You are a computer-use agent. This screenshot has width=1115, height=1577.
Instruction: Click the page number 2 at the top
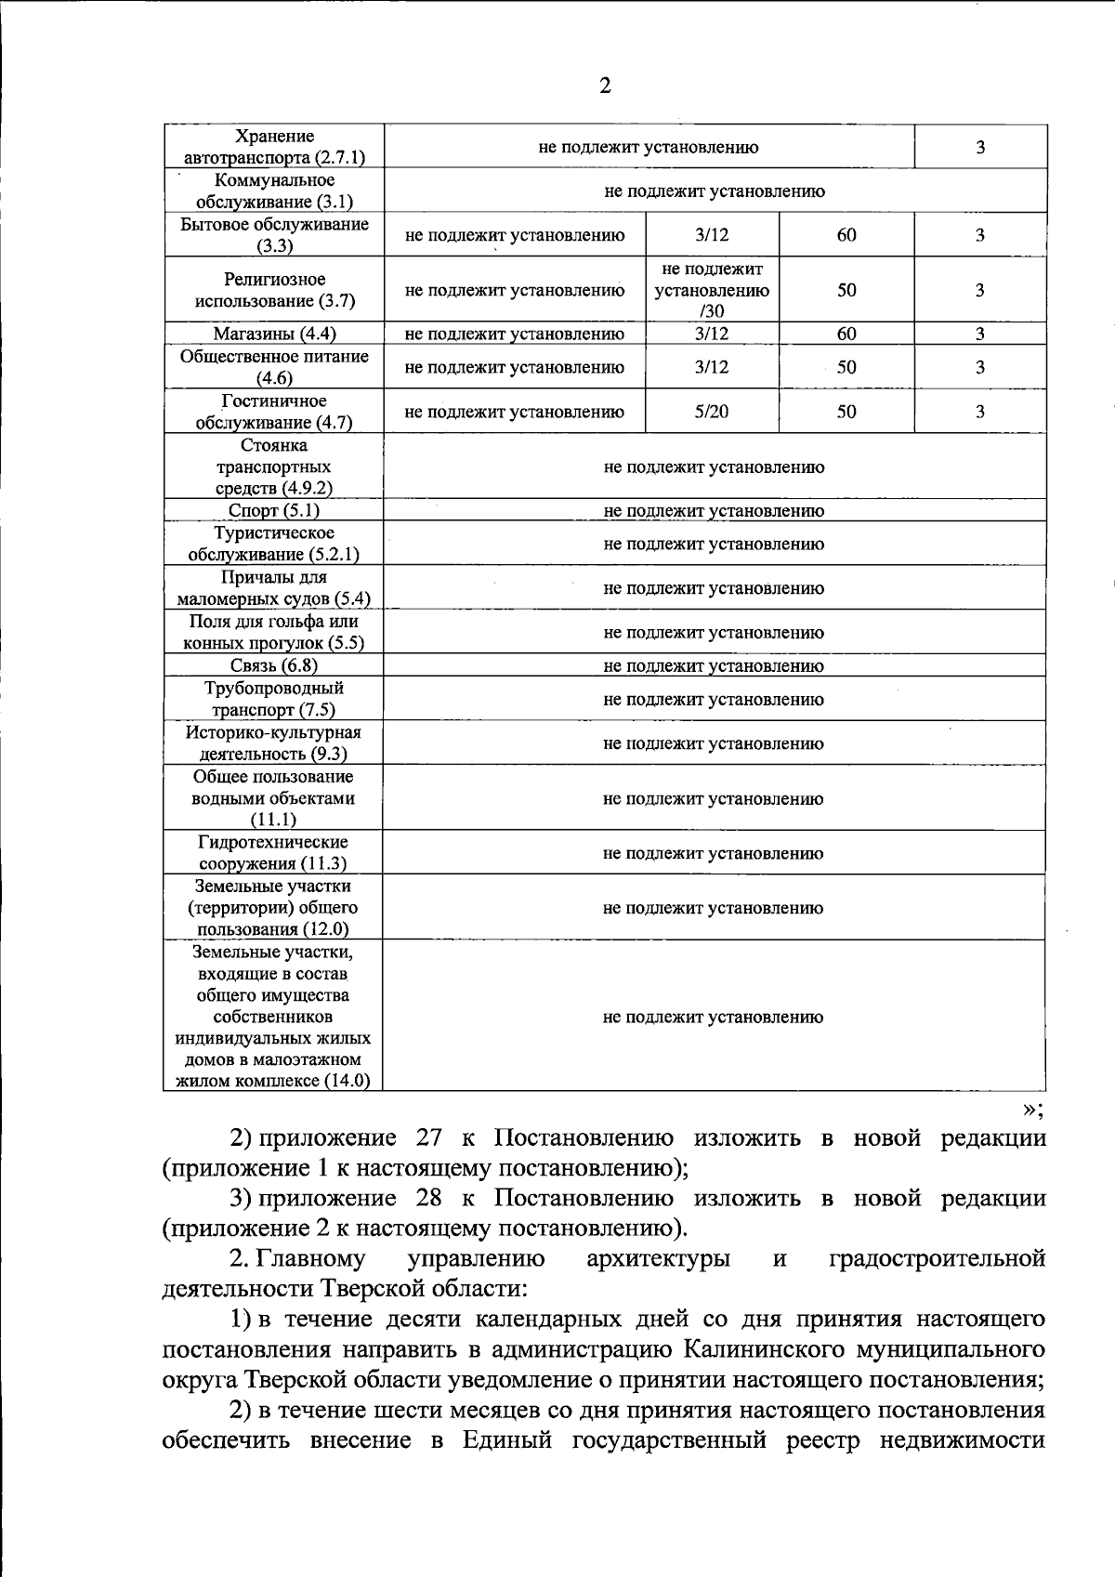tap(605, 86)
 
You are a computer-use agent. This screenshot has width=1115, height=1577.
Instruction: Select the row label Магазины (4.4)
tap(274, 334)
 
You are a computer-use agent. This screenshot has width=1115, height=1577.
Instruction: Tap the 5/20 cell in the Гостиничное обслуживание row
tap(712, 412)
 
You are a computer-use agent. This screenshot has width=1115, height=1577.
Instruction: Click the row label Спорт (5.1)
tap(274, 510)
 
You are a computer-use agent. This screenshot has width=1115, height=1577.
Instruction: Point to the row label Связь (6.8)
tap(274, 665)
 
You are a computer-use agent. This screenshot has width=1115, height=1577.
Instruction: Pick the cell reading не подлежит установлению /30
tap(712, 290)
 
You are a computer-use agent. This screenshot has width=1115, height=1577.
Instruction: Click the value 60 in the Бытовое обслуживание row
tap(846, 235)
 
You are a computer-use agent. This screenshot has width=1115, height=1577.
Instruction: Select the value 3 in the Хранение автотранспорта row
tap(980, 147)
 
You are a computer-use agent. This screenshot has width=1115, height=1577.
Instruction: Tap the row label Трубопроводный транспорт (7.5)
tap(274, 699)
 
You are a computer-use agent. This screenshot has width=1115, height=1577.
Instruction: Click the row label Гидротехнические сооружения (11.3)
tap(274, 853)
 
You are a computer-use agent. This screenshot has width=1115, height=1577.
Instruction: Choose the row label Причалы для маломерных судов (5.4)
tap(274, 588)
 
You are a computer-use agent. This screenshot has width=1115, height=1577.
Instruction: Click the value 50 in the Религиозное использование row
tap(846, 290)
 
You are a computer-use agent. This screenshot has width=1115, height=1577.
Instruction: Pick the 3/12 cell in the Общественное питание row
tap(712, 367)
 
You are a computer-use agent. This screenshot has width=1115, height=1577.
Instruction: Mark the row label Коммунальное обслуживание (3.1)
tap(274, 191)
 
